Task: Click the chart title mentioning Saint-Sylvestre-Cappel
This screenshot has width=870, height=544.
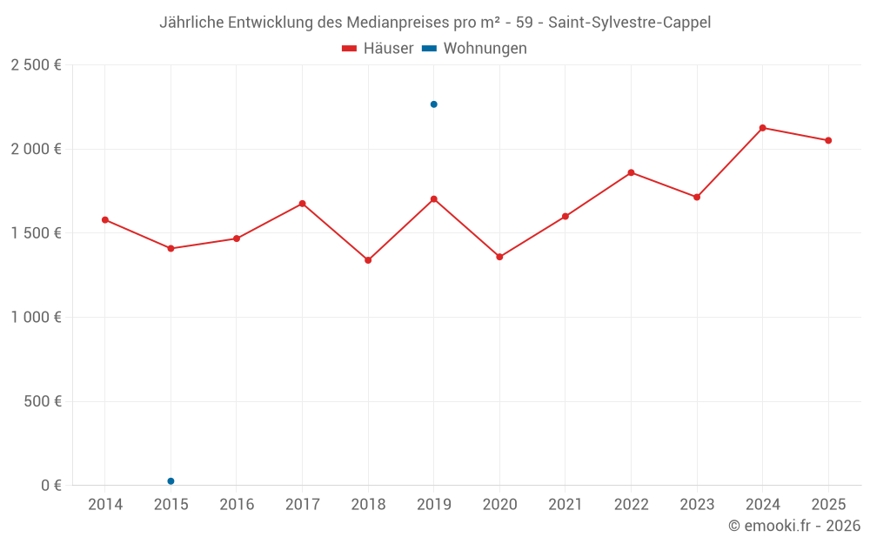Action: (435, 23)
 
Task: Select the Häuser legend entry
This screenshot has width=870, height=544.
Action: (378, 49)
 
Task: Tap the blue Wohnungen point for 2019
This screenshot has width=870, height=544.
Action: (434, 104)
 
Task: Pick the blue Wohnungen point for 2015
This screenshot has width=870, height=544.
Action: (171, 481)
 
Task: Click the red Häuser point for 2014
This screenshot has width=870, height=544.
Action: (105, 220)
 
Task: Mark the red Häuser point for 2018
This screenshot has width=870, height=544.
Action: (368, 260)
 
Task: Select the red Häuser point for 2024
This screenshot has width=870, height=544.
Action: (762, 128)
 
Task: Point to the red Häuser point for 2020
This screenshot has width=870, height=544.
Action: (499, 257)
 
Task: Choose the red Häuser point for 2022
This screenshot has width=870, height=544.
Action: (631, 172)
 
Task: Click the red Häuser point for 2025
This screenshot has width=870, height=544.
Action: (828, 140)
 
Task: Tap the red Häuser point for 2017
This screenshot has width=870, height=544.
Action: (302, 204)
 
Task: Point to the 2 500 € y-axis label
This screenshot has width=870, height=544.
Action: (36, 65)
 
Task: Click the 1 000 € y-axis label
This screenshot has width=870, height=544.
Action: (36, 318)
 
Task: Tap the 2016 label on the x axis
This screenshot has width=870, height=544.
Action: (237, 505)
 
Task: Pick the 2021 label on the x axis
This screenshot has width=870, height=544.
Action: (565, 505)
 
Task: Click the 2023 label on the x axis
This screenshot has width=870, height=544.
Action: (697, 505)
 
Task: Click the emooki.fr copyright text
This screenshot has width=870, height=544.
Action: (793, 526)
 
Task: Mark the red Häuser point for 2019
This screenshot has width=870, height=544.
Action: (434, 199)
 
